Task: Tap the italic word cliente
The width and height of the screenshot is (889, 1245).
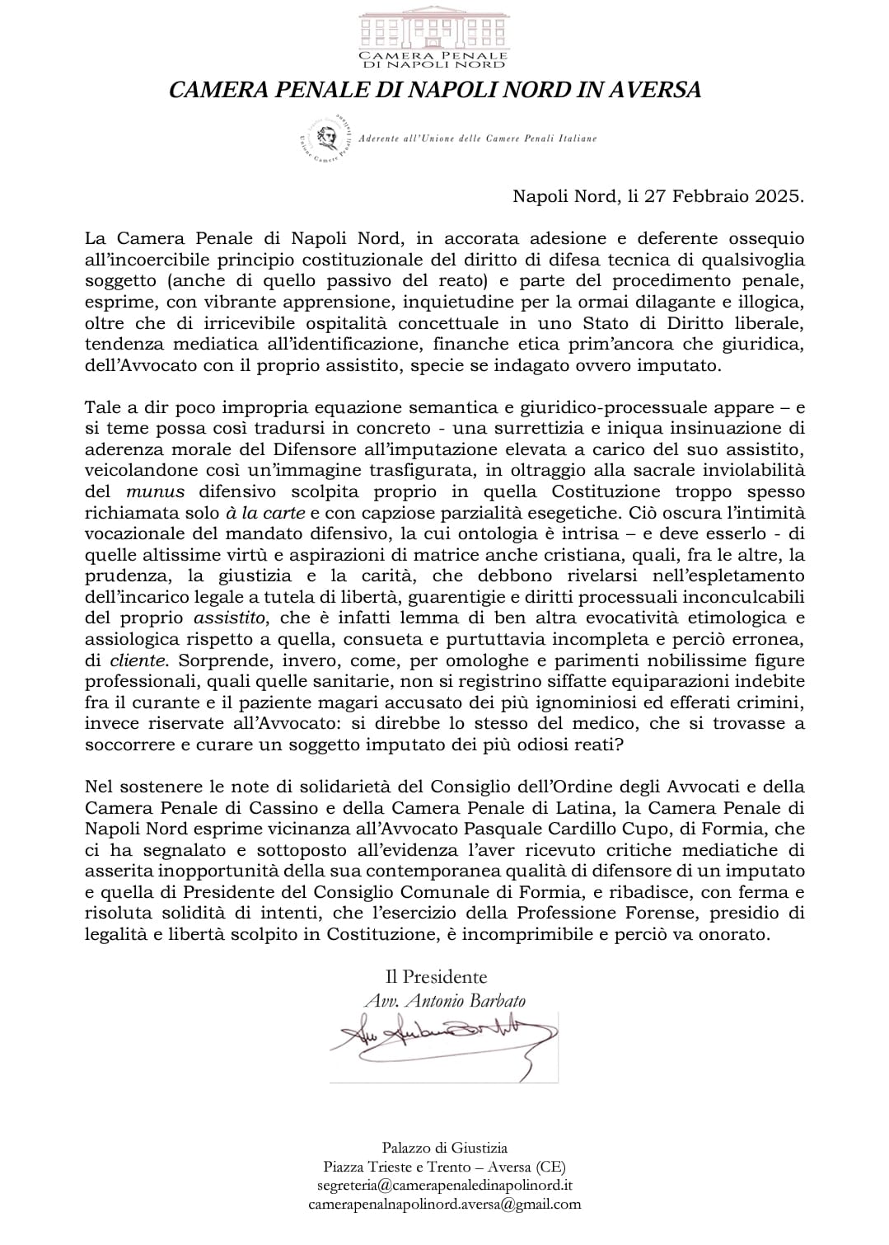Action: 135,660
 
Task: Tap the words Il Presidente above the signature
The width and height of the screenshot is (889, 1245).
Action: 437,977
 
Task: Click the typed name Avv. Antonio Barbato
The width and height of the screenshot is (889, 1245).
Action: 445,1000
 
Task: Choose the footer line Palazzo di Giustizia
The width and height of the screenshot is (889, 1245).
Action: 444,1147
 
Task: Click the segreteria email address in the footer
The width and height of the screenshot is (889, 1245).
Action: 444,1185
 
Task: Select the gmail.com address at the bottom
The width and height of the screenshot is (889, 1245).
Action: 444,1204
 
